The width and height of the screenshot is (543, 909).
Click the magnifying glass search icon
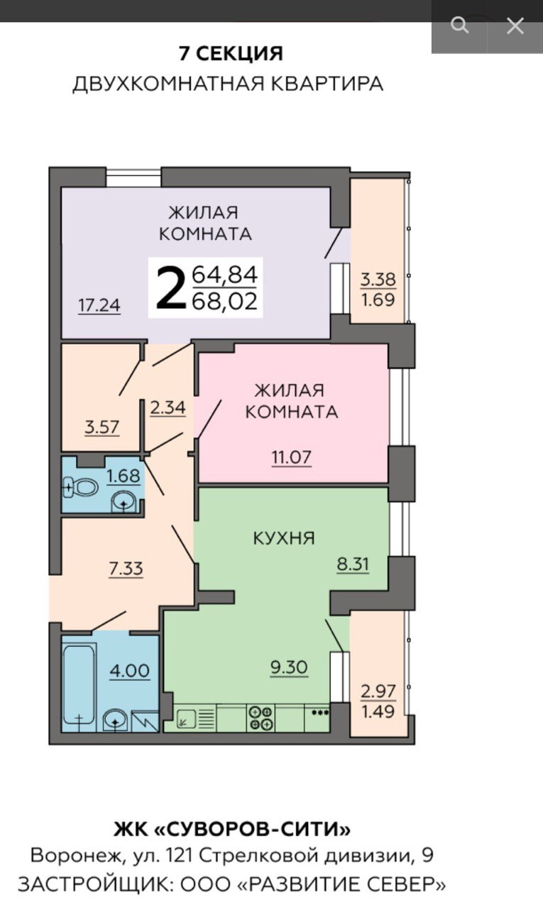(460, 26)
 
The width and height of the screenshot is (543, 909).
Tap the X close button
(515, 26)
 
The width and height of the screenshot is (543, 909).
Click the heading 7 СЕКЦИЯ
(231, 53)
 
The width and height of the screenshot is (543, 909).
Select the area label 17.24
(99, 305)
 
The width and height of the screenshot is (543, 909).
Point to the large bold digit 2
(170, 288)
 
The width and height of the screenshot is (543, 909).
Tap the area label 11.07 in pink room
(291, 457)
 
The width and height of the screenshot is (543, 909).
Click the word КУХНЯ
(284, 538)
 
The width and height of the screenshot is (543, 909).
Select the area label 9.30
(289, 667)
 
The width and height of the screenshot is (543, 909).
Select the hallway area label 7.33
(126, 569)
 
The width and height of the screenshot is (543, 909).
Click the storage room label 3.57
(102, 427)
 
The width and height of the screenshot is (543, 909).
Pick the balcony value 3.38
(378, 279)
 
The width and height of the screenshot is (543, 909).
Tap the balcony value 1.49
(378, 711)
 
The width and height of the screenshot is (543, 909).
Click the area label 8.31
(353, 564)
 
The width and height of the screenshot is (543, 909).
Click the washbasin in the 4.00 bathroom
(116, 721)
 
